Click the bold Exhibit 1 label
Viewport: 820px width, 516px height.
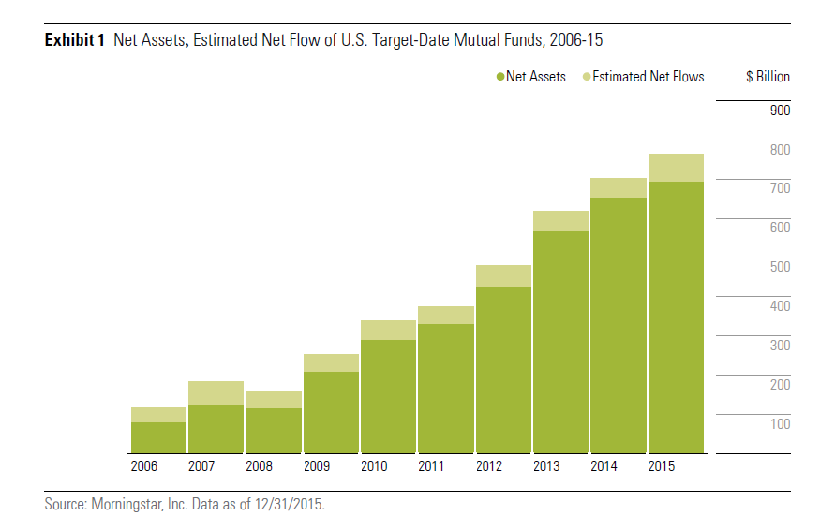(x=75, y=40)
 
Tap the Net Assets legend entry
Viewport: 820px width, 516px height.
(x=531, y=77)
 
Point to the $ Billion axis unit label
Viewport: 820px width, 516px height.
(x=768, y=77)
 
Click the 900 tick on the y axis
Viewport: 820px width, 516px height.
(x=780, y=111)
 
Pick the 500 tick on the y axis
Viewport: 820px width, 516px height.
(x=780, y=267)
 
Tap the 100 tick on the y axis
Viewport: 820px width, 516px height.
(x=780, y=424)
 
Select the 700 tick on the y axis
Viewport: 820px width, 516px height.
(x=780, y=188)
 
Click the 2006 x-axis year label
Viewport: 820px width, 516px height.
(x=144, y=465)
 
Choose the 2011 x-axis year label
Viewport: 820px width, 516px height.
(x=431, y=465)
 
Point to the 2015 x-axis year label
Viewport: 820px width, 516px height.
(x=661, y=465)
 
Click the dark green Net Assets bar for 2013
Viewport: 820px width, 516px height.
(x=560, y=342)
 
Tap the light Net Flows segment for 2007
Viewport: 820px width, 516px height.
(x=216, y=393)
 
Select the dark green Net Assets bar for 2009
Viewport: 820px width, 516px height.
(x=331, y=412)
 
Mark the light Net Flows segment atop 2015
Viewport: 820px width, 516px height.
(x=676, y=168)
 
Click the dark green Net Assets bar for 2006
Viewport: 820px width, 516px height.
(x=158, y=437)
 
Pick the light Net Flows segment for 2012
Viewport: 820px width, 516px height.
(x=503, y=276)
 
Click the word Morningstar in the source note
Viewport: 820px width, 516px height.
(x=127, y=504)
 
